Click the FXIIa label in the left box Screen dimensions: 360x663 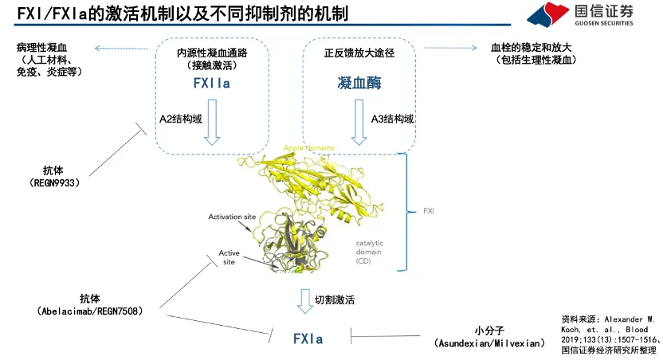(x=211, y=83)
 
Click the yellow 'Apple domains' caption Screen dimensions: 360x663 (x=309, y=148)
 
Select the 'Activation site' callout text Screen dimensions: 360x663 (x=231, y=217)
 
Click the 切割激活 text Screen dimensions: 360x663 (x=335, y=300)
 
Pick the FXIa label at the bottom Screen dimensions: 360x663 (x=308, y=338)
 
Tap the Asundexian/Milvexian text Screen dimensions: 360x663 (x=490, y=343)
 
